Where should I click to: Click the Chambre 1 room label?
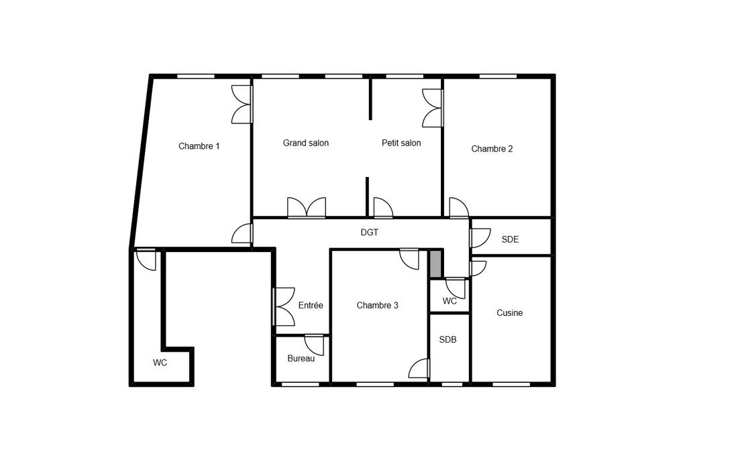[199, 146]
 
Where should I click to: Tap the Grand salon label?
[305, 143]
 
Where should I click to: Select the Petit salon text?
[401, 143]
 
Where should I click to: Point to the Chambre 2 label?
[492, 149]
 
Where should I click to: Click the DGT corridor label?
[370, 232]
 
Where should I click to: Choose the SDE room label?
[510, 239]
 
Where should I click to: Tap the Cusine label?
[510, 312]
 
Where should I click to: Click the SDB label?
[447, 339]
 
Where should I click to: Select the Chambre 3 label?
[378, 306]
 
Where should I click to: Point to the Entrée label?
[311, 306]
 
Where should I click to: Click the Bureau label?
[301, 358]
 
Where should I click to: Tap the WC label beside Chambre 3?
[450, 301]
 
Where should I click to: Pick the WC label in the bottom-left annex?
[160, 363]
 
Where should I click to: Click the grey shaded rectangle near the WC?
[436, 264]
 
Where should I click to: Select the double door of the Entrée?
[284, 306]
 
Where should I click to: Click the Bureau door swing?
[315, 345]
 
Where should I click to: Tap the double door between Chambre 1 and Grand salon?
[242, 105]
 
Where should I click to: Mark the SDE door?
[480, 238]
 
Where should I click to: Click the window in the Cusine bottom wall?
[511, 384]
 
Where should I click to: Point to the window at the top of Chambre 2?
[498, 76]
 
